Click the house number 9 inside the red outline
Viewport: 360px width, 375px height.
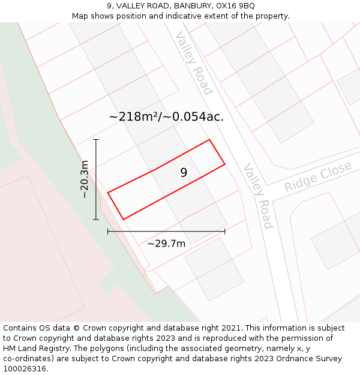click(x=184, y=173)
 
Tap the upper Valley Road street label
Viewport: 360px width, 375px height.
click(x=194, y=64)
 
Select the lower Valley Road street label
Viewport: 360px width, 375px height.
click(x=258, y=196)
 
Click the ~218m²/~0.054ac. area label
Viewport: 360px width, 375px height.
click(x=166, y=117)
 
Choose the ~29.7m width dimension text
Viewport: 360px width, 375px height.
click(x=166, y=243)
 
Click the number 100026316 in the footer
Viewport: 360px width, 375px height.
click(x=23, y=369)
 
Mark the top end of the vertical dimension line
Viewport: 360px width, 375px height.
click(x=96, y=140)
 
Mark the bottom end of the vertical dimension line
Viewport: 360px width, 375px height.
click(x=96, y=220)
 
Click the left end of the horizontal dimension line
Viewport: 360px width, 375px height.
click(x=108, y=231)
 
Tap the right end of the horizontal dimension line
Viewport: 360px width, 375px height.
click(x=225, y=231)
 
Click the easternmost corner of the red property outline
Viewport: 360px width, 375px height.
click(x=225, y=164)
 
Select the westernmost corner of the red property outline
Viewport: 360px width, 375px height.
click(x=108, y=193)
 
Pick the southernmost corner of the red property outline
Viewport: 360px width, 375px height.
click(x=124, y=220)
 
